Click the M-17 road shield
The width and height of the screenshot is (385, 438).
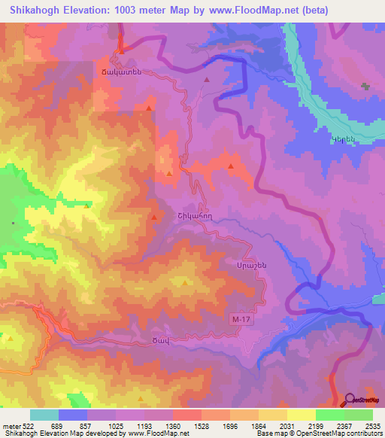(x=238, y=321)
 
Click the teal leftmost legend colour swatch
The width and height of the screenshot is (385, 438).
(x=44, y=415)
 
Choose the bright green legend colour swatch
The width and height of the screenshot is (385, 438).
(x=329, y=415)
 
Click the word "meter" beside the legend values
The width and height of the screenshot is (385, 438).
(x=11, y=426)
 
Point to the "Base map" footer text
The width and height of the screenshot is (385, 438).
(x=271, y=434)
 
